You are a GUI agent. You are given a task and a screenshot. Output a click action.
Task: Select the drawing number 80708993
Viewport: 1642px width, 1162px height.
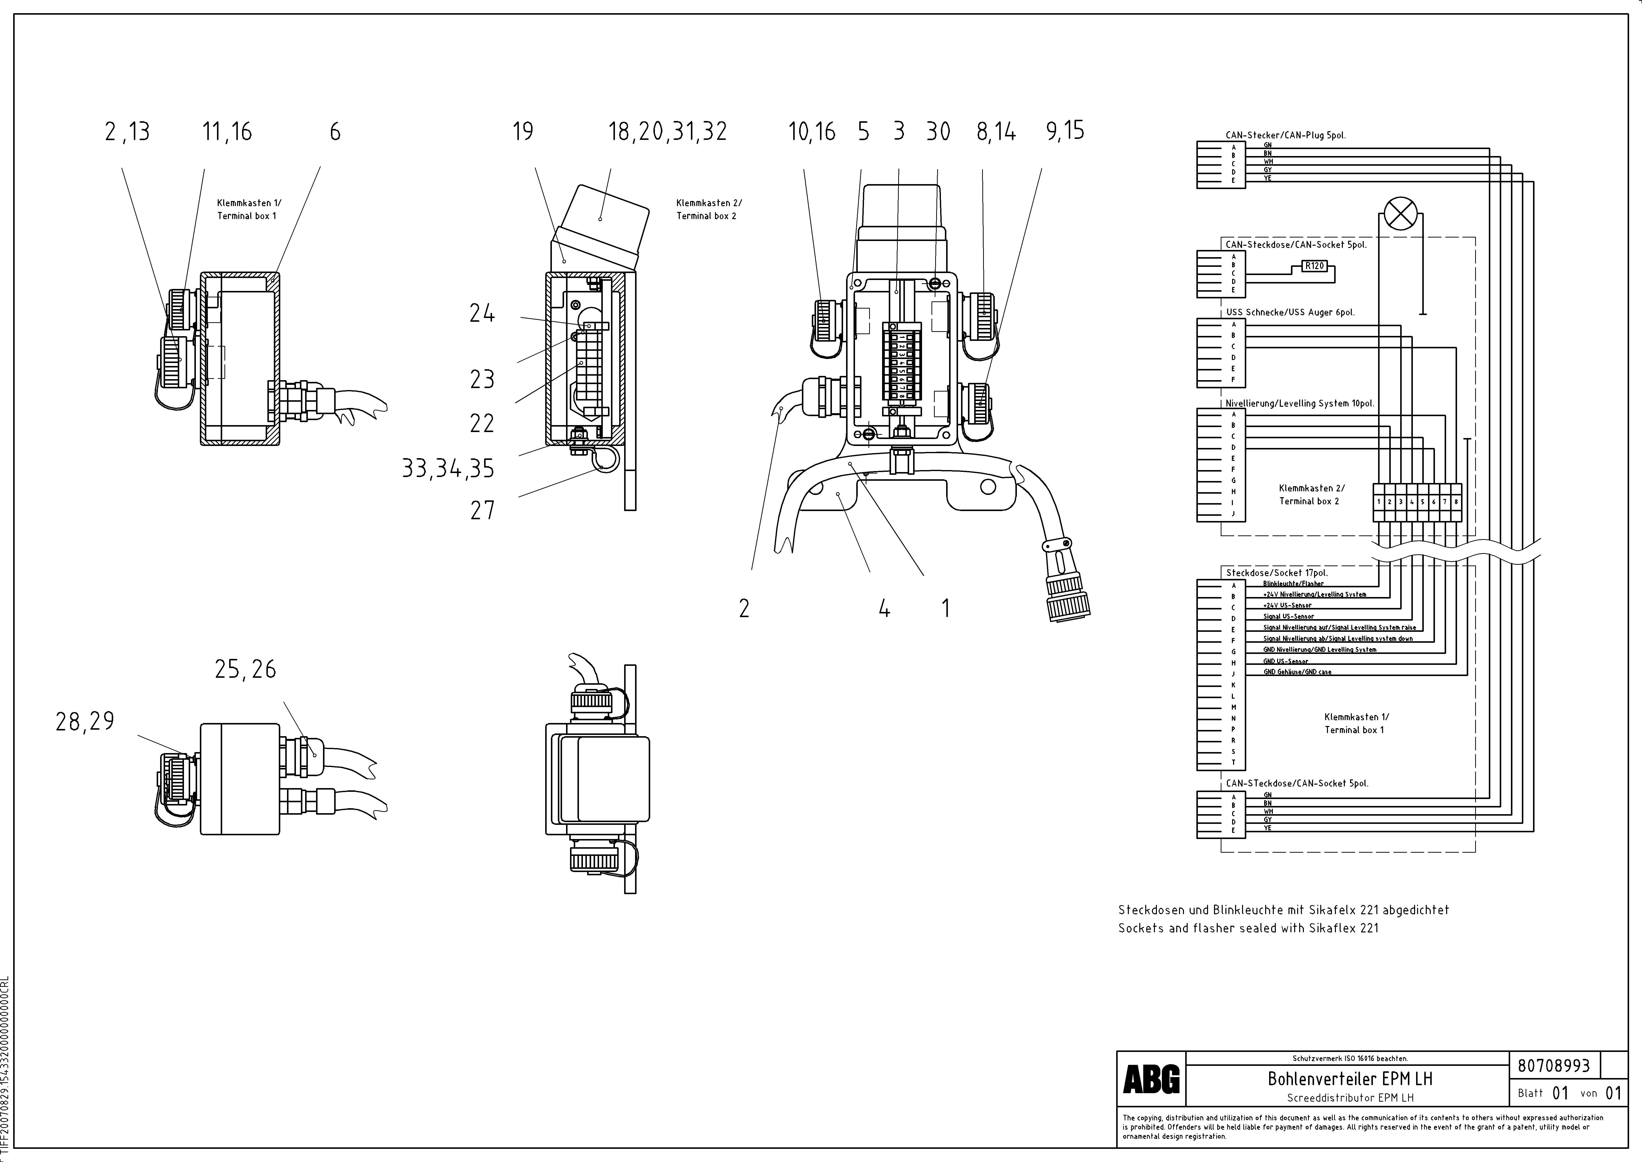1553,1065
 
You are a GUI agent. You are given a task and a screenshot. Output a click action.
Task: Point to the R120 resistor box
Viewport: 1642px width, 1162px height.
1315,266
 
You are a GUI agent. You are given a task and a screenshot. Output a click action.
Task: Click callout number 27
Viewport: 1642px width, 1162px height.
483,510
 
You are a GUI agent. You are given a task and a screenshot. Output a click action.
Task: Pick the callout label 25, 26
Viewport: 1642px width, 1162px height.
245,669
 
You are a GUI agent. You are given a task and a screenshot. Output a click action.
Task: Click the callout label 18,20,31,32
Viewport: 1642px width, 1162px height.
667,132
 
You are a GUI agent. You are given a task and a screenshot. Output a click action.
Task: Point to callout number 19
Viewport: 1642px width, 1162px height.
523,132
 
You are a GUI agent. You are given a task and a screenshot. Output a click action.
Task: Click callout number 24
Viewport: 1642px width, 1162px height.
482,313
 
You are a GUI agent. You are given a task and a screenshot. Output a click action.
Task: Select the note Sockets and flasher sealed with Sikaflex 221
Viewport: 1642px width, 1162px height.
1248,928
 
